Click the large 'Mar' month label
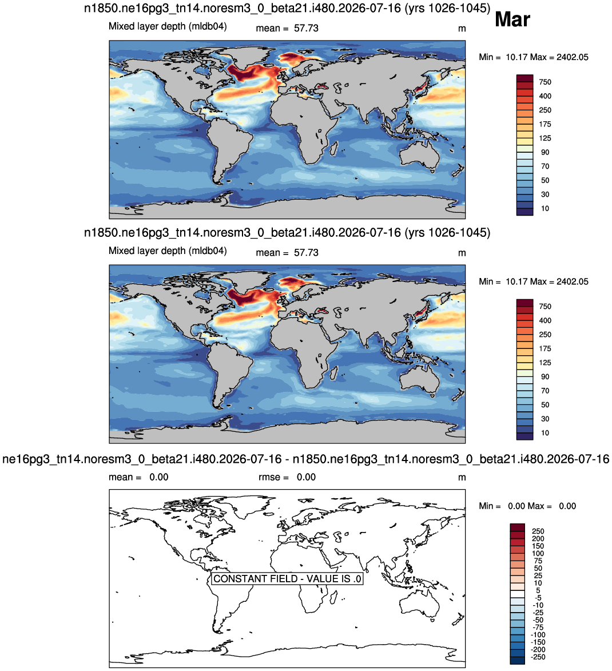click(512, 19)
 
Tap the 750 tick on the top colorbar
click(545, 82)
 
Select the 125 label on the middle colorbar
click(545, 363)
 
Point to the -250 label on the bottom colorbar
click(538, 657)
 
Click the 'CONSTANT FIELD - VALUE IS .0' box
click(287, 578)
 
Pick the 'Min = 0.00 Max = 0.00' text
click(527, 506)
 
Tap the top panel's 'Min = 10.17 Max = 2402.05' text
click(534, 57)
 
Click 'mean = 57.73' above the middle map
click(287, 252)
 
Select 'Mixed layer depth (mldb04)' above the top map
click(168, 26)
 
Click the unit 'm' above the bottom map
click(462, 477)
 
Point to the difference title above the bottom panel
click(305, 459)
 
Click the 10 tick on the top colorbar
click(545, 208)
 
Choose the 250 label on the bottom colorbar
click(538, 531)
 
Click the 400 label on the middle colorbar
click(545, 320)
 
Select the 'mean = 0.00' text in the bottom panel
click(138, 477)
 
